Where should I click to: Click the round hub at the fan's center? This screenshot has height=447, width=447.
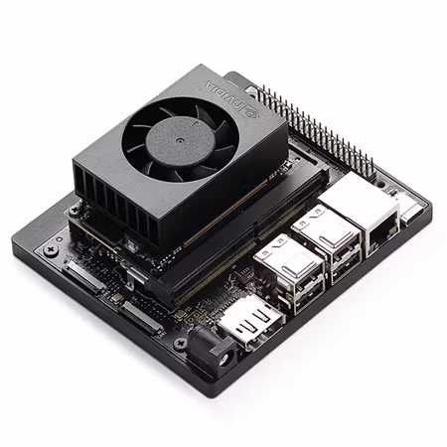click(x=178, y=140)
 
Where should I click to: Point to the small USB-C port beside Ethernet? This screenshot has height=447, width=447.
click(x=410, y=212)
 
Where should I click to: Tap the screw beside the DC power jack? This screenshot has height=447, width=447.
click(x=180, y=342)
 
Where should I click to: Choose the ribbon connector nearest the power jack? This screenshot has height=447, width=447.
click(x=145, y=317)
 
